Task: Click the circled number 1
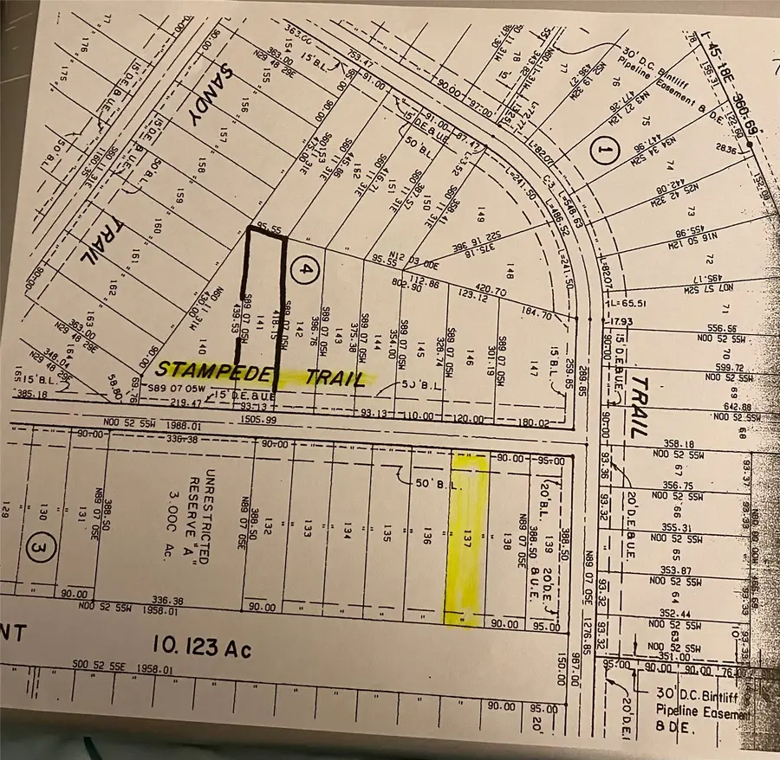(x=599, y=151)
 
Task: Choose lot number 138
(x=506, y=543)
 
